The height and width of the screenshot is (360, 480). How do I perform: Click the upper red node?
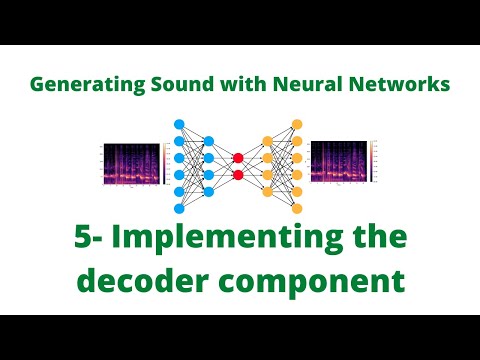[x=238, y=157]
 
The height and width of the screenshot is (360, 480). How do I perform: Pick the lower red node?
[x=238, y=175]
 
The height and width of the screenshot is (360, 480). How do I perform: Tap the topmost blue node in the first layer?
[x=180, y=124]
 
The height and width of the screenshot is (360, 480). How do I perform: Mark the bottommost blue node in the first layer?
[x=180, y=208]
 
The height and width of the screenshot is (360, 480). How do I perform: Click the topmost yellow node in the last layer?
[x=296, y=124]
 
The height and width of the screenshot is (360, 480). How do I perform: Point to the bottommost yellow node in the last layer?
[x=296, y=208]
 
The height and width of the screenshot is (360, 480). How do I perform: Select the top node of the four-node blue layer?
[x=209, y=140]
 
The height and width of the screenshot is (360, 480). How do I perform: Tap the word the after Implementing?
[x=375, y=241]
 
